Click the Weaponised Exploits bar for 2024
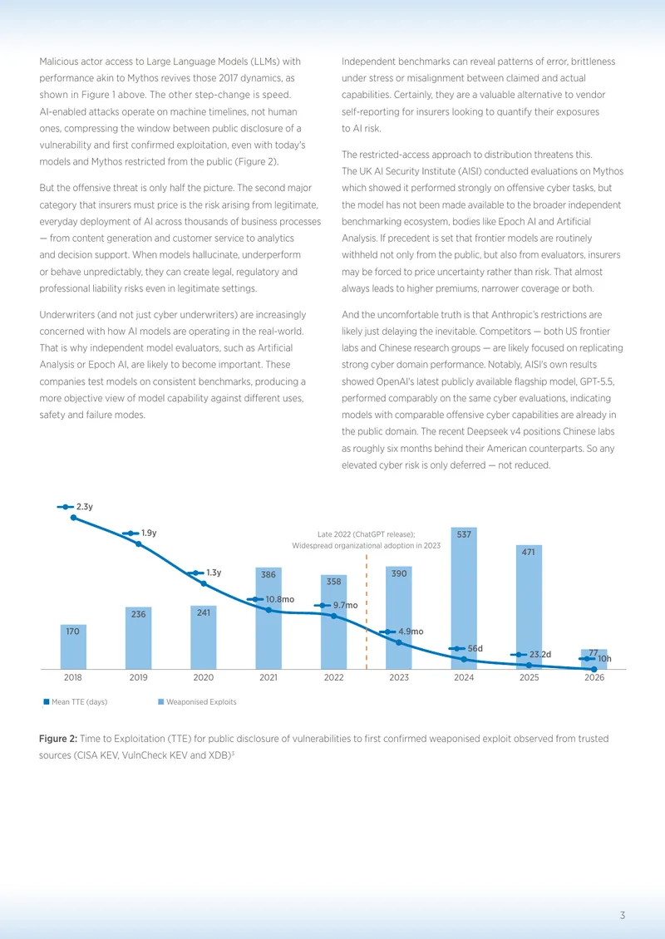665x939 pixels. coord(464,598)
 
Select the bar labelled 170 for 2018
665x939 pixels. coord(73,646)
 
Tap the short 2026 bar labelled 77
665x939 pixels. coord(594,659)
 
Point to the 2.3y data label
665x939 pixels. coord(85,507)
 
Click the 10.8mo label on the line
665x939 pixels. coord(280,599)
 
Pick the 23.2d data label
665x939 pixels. coord(539,655)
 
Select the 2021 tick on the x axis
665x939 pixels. coord(268,677)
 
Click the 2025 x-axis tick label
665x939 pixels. coord(529,677)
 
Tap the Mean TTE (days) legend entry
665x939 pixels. coord(76,702)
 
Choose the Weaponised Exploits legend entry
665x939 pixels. coord(197,702)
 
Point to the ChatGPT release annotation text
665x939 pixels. coord(366,540)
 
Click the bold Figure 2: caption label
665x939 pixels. coord(58,739)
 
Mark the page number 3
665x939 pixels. coord(623,915)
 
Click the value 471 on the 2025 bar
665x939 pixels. coord(528,552)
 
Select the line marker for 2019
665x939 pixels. coord(138,543)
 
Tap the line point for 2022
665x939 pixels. coord(333,616)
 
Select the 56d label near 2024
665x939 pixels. coord(475,648)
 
